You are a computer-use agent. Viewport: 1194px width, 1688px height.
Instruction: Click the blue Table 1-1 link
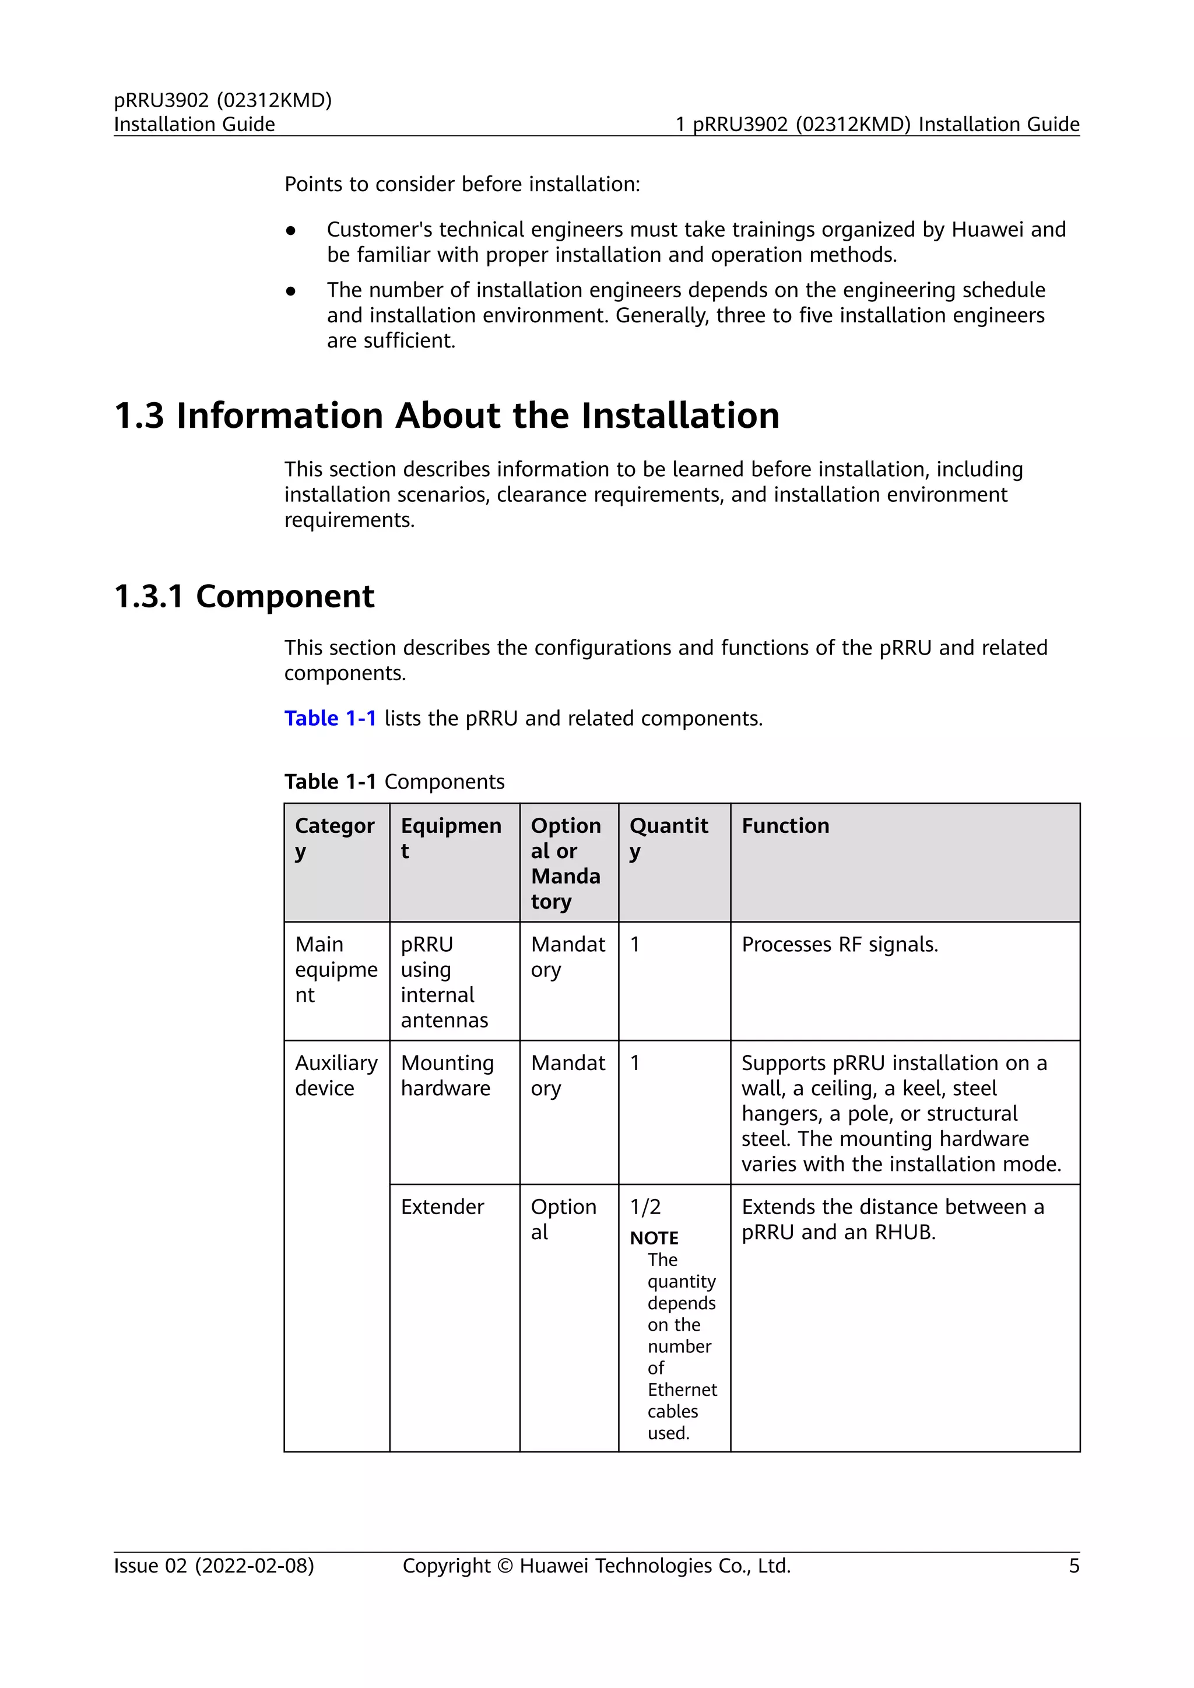[330, 718]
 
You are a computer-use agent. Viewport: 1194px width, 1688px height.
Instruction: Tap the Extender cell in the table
[442, 1207]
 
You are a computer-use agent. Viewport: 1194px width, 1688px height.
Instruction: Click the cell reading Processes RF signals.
[840, 944]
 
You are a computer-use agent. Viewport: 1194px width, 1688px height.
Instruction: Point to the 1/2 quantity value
[645, 1207]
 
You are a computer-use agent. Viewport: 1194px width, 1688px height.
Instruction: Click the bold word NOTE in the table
[654, 1238]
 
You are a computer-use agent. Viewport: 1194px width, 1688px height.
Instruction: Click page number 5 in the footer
[1073, 1566]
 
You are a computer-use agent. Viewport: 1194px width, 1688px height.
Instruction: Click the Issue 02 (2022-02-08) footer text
[214, 1566]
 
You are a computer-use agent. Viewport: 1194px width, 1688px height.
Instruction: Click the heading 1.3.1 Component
[244, 596]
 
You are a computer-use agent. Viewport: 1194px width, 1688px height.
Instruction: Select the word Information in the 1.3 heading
[279, 416]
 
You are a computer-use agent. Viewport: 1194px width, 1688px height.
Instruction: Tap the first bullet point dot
[291, 231]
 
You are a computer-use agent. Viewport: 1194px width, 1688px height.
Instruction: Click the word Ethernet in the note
[682, 1390]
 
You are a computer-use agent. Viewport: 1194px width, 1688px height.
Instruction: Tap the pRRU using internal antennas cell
[444, 982]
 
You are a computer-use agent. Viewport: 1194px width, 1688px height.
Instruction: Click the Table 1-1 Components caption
[394, 782]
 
